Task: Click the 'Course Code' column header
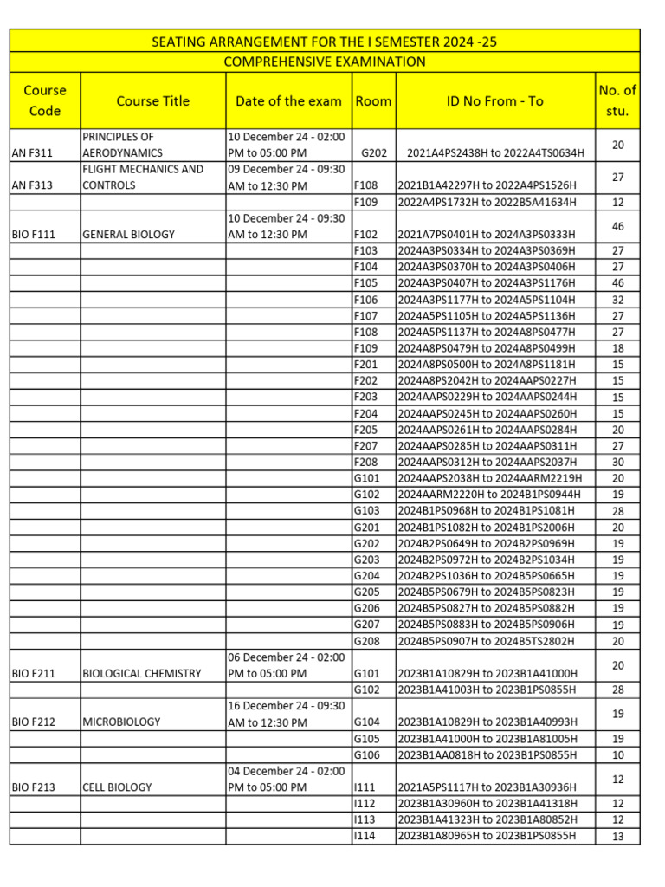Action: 44,100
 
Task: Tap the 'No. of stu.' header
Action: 617,100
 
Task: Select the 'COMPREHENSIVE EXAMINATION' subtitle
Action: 325,62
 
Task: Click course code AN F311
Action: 32,152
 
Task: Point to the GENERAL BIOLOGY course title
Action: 128,234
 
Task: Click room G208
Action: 367,641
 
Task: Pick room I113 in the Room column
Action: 365,819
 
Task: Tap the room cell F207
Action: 366,445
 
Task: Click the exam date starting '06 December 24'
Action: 286,665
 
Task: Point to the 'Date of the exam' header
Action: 288,100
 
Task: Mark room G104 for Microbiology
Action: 367,722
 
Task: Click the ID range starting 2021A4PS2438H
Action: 495,152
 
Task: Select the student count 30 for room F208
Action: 617,462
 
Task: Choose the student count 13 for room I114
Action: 617,836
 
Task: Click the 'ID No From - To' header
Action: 494,100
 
